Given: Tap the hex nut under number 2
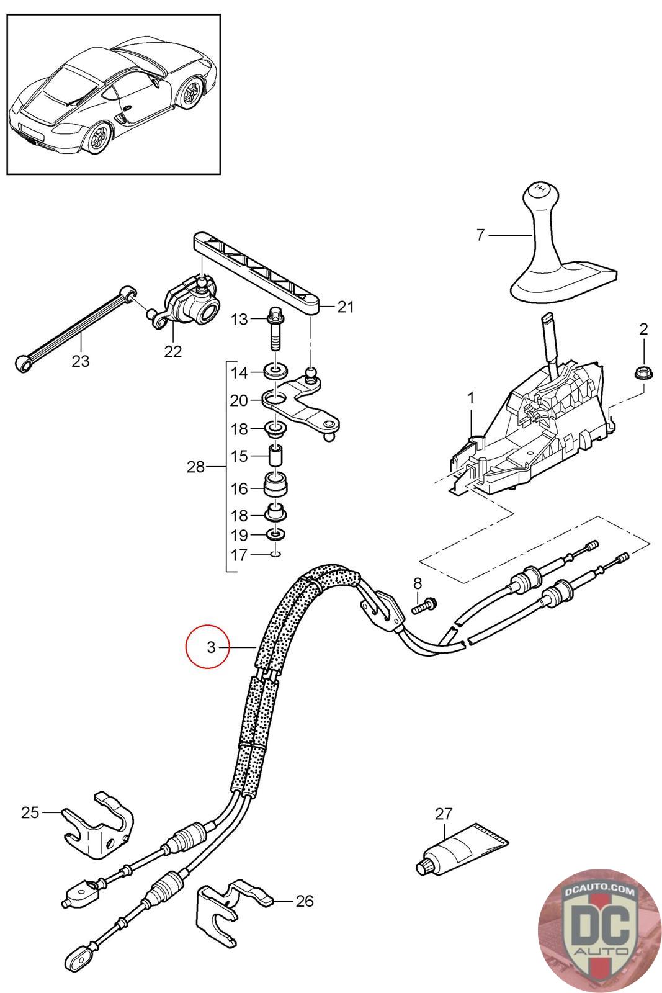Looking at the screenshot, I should tap(642, 373).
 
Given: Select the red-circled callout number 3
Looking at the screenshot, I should tap(210, 647).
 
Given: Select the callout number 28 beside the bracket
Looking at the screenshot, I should tap(195, 467).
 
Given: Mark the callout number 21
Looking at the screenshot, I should tap(345, 307).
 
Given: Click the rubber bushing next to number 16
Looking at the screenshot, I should tap(277, 485).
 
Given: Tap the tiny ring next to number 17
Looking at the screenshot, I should tap(275, 554).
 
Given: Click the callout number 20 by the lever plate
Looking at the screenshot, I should tap(239, 401).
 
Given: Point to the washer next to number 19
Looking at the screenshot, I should tap(275, 534).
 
